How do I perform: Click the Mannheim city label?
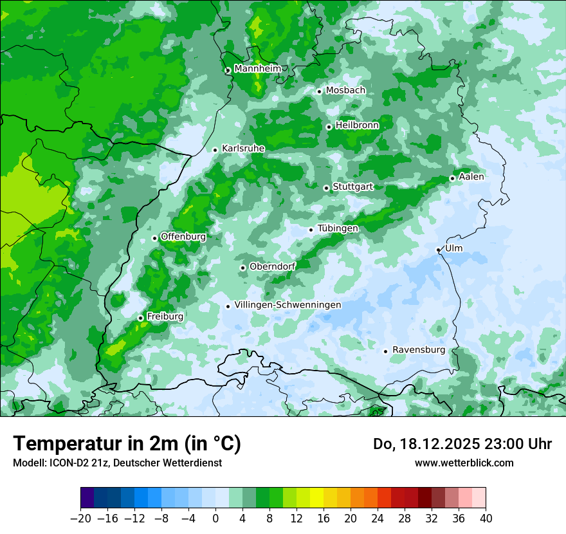[x=257, y=69]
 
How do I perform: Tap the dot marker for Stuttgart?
[x=327, y=188]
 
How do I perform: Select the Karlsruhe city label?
[x=243, y=149]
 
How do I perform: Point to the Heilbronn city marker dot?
[x=329, y=127]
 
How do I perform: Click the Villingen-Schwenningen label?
[x=288, y=305]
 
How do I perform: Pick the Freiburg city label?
[x=165, y=317]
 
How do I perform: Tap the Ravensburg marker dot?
[x=385, y=351]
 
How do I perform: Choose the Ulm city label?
[x=453, y=248]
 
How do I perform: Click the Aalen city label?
[x=471, y=177]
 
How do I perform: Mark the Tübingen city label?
[x=338, y=228]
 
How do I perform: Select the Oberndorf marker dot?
[x=242, y=268]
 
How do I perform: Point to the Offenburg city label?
[x=183, y=237]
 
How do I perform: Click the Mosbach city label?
[x=345, y=91]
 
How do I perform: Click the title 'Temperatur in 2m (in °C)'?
[x=127, y=444]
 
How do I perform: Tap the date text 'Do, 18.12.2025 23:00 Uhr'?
[x=462, y=444]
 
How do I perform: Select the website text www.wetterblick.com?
[x=464, y=463]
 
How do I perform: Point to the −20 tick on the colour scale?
[x=80, y=519]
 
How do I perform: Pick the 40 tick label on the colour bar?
[x=486, y=519]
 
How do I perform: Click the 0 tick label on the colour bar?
[x=215, y=519]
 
